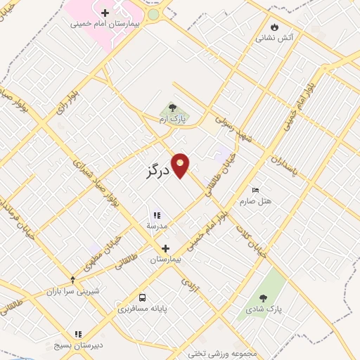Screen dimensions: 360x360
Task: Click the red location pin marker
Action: (181, 165)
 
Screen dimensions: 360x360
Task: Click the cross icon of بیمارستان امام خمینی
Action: (105, 13)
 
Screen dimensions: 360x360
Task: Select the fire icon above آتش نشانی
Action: (274, 27)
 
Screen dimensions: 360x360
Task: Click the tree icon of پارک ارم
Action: (172, 108)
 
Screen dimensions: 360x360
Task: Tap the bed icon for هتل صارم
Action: (255, 190)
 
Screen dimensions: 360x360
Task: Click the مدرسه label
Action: (157, 226)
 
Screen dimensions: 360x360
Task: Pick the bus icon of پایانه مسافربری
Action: (143, 297)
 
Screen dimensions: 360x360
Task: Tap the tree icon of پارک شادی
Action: (263, 299)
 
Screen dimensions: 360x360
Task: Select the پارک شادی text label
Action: (264, 309)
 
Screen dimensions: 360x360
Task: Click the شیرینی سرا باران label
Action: (73, 291)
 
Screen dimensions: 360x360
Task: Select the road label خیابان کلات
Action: (250, 240)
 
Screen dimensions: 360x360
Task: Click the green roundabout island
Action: (153, 14)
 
